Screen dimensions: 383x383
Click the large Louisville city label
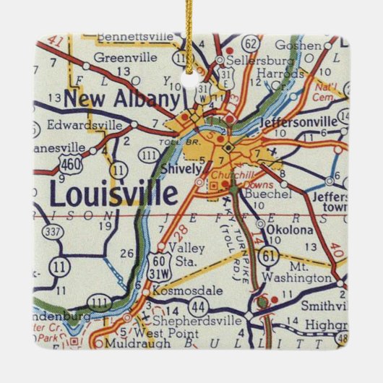[x=113, y=194]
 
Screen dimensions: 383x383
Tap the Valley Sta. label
[x=193, y=254]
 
